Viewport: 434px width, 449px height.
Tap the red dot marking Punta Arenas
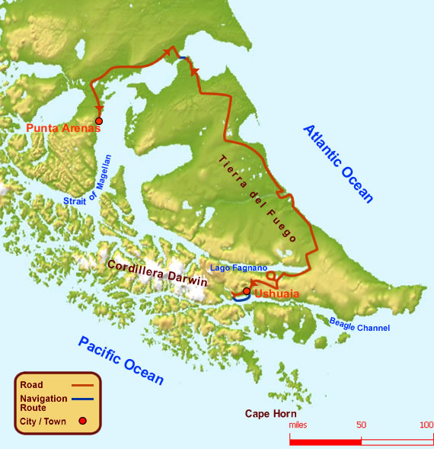pyautogui.click(x=99, y=120)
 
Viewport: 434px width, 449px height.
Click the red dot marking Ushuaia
pyautogui.click(x=246, y=290)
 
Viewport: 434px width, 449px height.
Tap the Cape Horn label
pyautogui.click(x=270, y=414)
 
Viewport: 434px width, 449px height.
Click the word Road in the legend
pyautogui.click(x=32, y=385)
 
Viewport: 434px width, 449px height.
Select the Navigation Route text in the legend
pyautogui.click(x=45, y=402)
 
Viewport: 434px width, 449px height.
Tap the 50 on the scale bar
pyautogui.click(x=361, y=425)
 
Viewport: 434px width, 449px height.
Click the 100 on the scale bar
pyautogui.click(x=426, y=425)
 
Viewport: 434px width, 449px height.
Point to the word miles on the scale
pyautogui.click(x=298, y=425)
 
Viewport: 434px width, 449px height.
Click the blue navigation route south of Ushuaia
pyautogui.click(x=241, y=300)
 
